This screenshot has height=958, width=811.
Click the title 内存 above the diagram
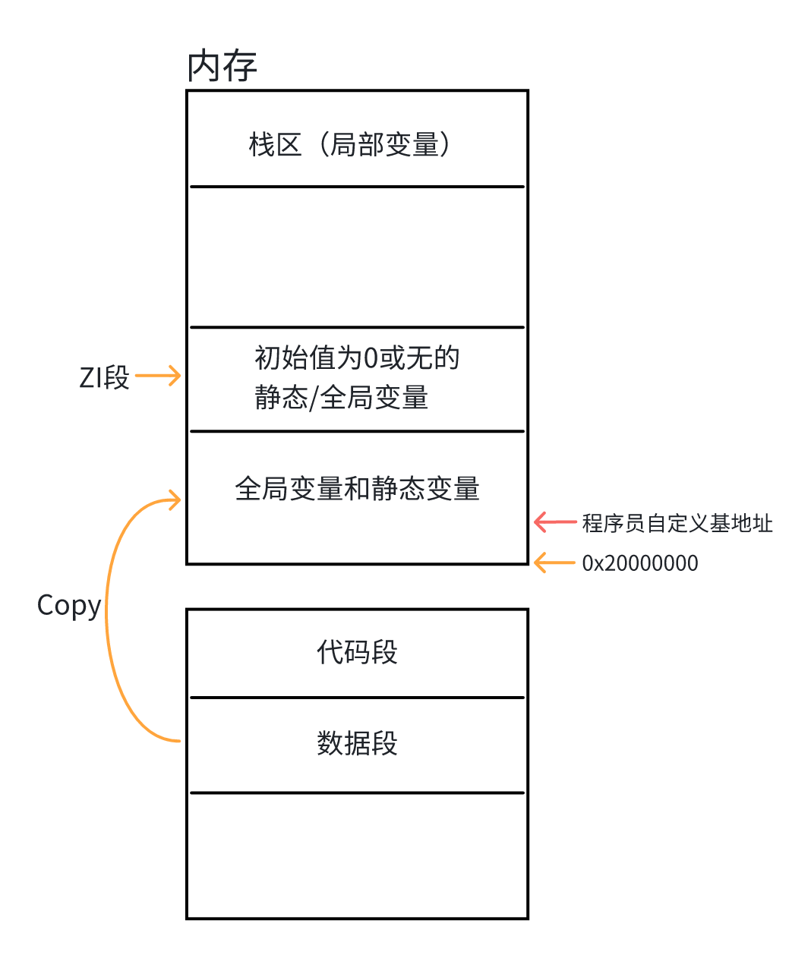(x=222, y=66)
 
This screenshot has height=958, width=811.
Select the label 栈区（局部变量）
(x=351, y=144)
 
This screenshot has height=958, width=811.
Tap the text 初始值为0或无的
(x=357, y=358)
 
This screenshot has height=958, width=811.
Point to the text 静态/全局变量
(x=342, y=397)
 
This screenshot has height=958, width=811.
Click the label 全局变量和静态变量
(x=357, y=489)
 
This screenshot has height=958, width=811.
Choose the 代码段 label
(x=357, y=652)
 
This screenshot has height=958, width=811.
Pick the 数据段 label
(x=357, y=743)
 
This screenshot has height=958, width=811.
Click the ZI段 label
(x=104, y=377)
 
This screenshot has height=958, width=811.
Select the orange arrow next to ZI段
(x=158, y=375)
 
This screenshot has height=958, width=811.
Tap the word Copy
(x=69, y=606)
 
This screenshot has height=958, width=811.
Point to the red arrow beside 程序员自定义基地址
(x=555, y=522)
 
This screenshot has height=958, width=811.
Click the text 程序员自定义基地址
(x=677, y=523)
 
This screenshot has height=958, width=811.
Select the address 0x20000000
(x=640, y=563)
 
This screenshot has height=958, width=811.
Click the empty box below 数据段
(x=357, y=856)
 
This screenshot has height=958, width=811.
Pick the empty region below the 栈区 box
(x=357, y=257)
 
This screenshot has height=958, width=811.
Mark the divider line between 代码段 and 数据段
(x=357, y=697)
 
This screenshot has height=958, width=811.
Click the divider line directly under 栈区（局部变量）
(x=357, y=186)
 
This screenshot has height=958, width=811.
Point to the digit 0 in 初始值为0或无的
(x=371, y=358)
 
